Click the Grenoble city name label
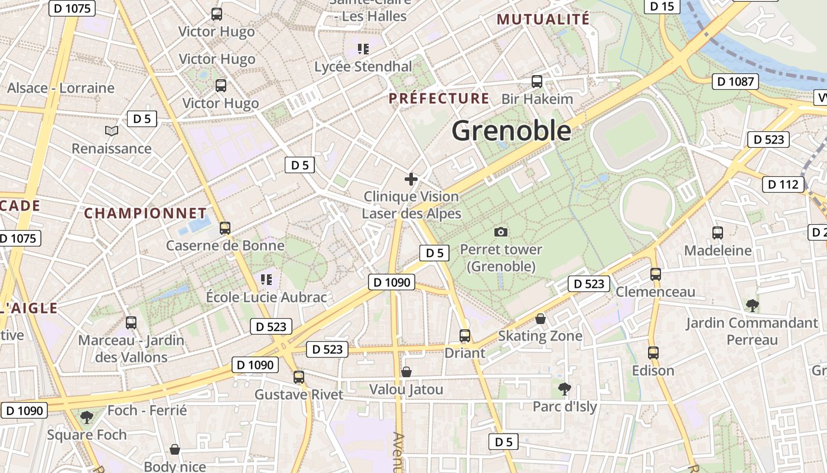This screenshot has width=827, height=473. [x=512, y=131]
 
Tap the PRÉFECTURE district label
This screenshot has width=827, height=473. [x=439, y=98]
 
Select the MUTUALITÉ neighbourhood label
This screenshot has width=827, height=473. [x=543, y=19]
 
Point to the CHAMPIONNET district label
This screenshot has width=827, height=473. [x=145, y=213]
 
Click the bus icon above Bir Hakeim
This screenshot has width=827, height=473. [x=537, y=82]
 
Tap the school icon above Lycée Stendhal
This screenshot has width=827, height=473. [x=363, y=48]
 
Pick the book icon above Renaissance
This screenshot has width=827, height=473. [x=112, y=131]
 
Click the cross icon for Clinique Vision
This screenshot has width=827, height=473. [x=411, y=179]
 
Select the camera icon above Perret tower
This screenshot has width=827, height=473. [x=501, y=232]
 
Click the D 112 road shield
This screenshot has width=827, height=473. [x=783, y=184]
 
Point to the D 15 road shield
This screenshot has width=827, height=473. [x=662, y=6]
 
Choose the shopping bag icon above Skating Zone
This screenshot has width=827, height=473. [x=541, y=319]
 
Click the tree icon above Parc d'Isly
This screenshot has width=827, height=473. [x=565, y=388]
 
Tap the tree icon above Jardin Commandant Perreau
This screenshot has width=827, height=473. [x=752, y=305]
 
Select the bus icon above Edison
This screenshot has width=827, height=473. [x=653, y=353]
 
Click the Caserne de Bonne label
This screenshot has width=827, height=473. [x=225, y=245]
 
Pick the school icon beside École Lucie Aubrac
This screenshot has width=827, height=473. [x=266, y=278]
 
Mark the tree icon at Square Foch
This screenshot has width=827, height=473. [x=87, y=417]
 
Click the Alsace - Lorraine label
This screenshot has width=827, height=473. [x=61, y=88]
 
